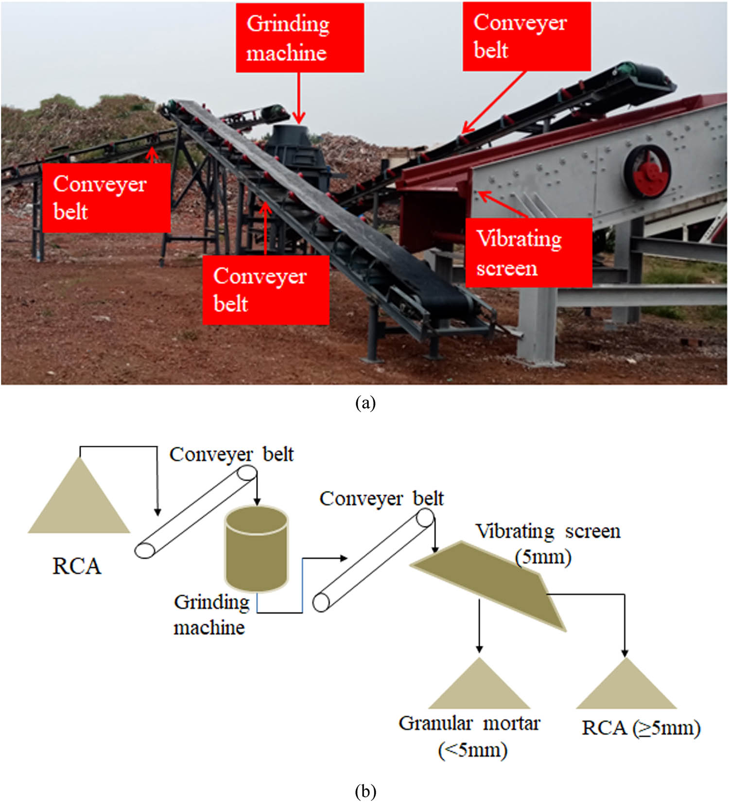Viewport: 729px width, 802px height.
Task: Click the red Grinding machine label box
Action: (x=300, y=38)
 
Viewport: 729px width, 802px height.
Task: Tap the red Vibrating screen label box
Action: (x=529, y=252)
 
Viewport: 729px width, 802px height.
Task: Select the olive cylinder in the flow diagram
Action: (x=256, y=549)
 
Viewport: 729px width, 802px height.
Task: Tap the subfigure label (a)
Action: (x=365, y=403)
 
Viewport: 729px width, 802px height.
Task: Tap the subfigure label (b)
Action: (x=365, y=791)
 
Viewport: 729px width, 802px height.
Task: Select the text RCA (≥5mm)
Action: (x=641, y=728)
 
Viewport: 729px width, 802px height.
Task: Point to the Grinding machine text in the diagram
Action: (x=211, y=614)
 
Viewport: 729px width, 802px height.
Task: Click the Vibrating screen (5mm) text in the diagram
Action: (x=547, y=543)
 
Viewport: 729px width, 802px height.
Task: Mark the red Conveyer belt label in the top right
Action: (x=527, y=36)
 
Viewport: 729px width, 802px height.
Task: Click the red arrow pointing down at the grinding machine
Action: (x=298, y=97)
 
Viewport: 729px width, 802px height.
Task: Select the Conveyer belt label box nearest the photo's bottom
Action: (x=266, y=290)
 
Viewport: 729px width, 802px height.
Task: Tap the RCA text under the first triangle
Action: (x=77, y=566)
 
